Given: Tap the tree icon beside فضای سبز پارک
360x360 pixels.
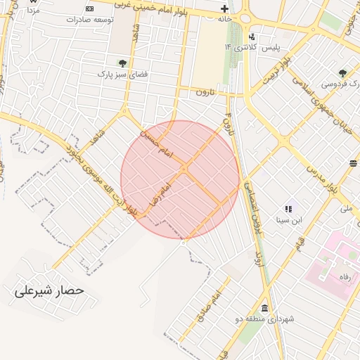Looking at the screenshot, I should [122, 63].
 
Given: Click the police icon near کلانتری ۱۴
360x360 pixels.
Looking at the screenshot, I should [252, 37].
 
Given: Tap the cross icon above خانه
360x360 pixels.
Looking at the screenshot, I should [224, 9].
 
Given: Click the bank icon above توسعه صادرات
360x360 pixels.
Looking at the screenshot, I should [89, 8].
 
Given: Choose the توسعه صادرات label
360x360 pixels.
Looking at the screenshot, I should [90, 19].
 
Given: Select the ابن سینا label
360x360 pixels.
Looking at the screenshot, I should [288, 220].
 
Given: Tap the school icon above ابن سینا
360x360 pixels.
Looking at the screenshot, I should [288, 209].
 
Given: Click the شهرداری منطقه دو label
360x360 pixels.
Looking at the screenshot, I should [264, 319].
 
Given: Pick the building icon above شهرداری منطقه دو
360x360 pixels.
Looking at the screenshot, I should [264, 309].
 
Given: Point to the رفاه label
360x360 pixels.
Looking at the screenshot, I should [345, 276].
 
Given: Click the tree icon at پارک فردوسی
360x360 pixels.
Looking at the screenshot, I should [342, 72].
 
